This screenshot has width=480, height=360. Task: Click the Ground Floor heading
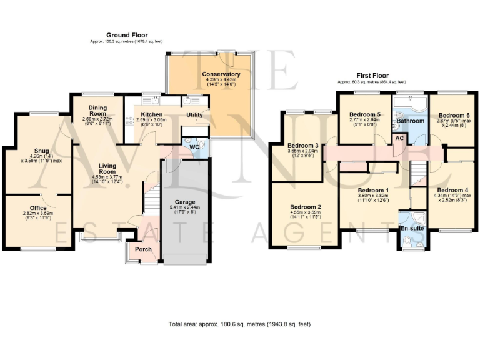click(x=127, y=35)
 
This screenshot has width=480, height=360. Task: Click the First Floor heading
click(x=372, y=76)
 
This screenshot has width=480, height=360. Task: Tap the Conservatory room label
click(x=221, y=74)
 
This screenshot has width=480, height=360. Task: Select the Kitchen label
click(x=152, y=114)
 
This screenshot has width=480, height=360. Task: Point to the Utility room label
click(x=194, y=115)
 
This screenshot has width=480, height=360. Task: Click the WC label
click(x=194, y=147)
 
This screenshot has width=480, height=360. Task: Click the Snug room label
click(x=41, y=151)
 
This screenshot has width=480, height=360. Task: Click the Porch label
click(x=143, y=249)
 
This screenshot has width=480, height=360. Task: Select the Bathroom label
click(x=412, y=121)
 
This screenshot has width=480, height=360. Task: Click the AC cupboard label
click(x=397, y=138)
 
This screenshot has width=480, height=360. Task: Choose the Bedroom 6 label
click(x=454, y=116)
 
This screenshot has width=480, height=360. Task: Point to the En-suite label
click(x=412, y=229)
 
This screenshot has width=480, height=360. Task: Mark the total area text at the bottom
click(x=240, y=324)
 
